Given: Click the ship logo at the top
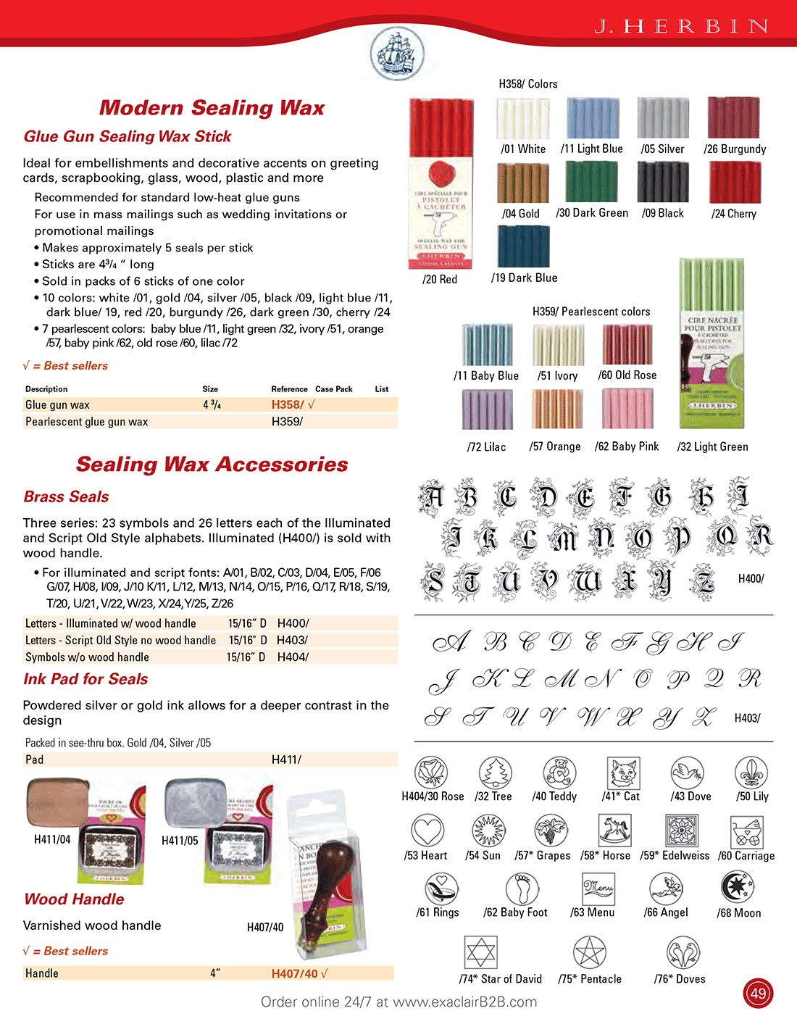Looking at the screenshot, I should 396,53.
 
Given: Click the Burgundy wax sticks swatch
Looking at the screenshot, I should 733,117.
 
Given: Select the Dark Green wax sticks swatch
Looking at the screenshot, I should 591,182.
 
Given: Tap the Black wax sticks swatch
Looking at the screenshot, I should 662,182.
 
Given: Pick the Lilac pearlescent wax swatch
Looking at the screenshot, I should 488,409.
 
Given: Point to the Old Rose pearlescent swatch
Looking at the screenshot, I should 627,344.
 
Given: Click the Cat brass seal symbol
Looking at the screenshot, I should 622,773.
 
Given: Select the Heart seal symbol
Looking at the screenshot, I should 427,831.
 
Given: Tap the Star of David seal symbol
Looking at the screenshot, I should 480,952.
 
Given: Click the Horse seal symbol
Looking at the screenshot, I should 614,831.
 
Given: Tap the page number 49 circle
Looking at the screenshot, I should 758,993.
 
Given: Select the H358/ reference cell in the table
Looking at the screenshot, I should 288,404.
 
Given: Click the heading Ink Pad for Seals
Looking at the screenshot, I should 85,679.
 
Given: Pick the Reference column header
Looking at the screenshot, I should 289,389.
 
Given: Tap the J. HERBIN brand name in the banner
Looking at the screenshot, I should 682,27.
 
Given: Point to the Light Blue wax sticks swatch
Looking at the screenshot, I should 593,117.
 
